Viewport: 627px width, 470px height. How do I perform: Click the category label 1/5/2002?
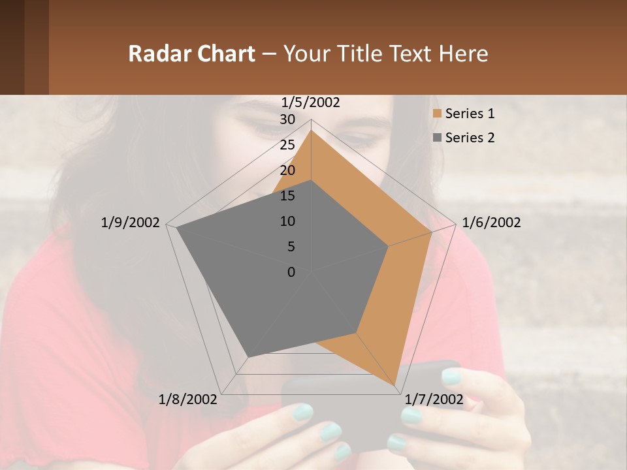(311, 102)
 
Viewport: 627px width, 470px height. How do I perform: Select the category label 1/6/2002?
(491, 223)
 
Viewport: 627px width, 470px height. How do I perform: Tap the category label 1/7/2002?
(434, 399)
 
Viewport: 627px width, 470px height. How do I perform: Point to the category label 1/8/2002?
(188, 399)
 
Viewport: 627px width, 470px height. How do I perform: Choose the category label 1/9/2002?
(130, 223)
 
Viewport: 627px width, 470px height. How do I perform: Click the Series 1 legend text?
(470, 114)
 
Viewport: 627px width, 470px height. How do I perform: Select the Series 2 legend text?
(470, 138)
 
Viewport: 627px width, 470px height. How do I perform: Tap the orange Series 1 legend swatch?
(437, 114)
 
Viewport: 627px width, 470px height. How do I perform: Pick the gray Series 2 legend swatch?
(437, 138)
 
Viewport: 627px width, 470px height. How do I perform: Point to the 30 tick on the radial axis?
(287, 119)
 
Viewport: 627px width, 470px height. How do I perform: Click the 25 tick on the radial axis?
(287, 145)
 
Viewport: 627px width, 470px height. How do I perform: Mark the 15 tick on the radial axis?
(287, 196)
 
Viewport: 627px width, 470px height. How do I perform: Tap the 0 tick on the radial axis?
(291, 272)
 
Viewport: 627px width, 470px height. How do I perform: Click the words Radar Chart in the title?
(191, 54)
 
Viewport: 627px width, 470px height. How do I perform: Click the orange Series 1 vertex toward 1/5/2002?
(311, 130)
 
